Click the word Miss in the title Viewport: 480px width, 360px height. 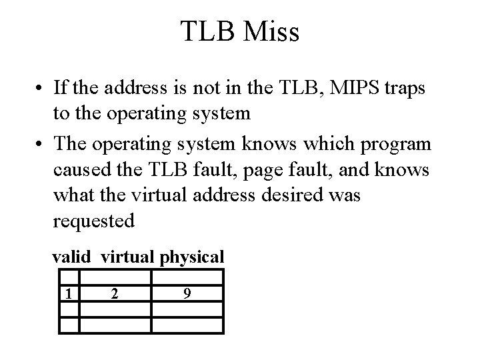(x=269, y=32)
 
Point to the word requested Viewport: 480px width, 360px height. (x=93, y=221)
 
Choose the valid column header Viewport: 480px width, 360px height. (x=74, y=257)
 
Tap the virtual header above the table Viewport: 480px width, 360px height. (x=126, y=257)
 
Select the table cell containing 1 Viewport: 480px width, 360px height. (x=69, y=293)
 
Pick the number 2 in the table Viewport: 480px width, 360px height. (x=115, y=293)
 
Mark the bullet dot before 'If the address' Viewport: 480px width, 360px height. (x=41, y=88)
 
